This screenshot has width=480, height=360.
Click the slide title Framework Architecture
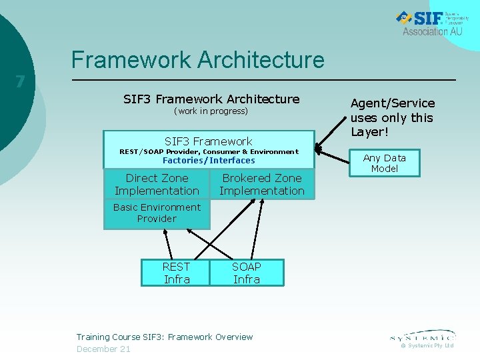point(198,60)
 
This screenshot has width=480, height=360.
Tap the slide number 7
point(20,82)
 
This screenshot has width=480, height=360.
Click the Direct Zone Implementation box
point(157,185)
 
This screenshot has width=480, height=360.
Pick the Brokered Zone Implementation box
point(262,185)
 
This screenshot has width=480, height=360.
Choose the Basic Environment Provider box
point(157,213)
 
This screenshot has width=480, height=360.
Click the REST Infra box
point(176,273)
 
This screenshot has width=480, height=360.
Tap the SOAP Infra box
point(247,273)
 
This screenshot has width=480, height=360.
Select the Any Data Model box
point(385,163)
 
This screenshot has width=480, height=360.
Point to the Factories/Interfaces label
point(209,161)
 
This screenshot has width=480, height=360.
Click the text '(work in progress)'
point(211,111)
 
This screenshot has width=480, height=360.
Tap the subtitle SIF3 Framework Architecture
point(211,99)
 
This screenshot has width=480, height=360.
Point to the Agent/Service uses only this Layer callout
point(393,117)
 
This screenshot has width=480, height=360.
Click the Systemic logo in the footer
point(423,335)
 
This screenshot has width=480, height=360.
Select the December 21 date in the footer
point(103,349)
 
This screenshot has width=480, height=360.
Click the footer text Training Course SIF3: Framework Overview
point(165,337)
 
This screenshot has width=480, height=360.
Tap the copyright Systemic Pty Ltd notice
point(427,345)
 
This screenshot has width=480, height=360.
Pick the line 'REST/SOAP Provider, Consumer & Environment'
point(209,152)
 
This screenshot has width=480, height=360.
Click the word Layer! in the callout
point(369,132)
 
